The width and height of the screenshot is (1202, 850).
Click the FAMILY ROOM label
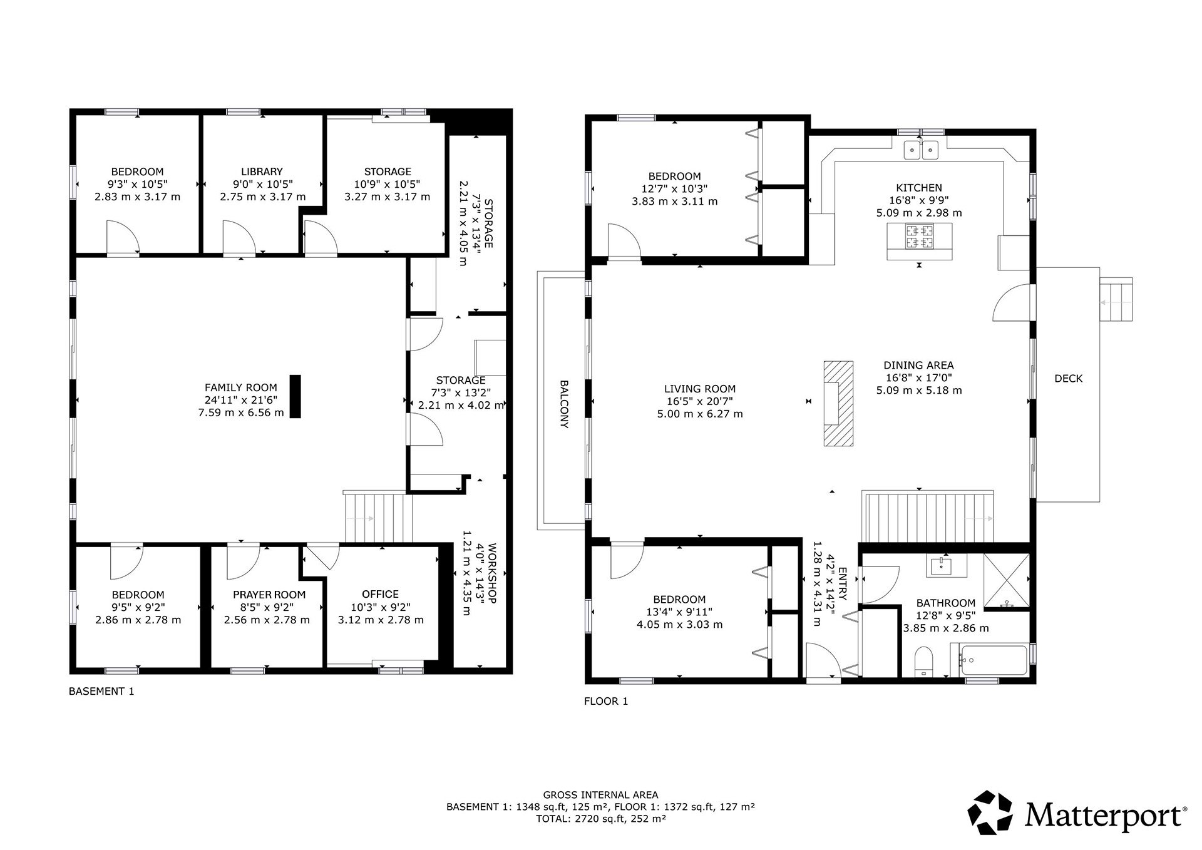(x=241, y=388)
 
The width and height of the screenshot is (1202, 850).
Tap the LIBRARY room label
(x=262, y=172)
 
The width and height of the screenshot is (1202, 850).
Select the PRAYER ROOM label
(x=269, y=595)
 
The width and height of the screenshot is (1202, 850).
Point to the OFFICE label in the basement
(x=380, y=594)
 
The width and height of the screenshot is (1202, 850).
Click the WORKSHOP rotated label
(x=491, y=573)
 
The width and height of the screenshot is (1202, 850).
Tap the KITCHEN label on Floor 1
(x=919, y=188)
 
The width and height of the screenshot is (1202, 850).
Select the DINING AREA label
(x=919, y=366)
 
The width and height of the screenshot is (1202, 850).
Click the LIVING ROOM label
(x=700, y=389)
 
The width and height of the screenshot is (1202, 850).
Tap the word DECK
(x=1069, y=379)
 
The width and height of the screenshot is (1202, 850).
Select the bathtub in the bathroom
(x=989, y=660)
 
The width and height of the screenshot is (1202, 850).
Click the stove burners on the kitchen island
(x=919, y=235)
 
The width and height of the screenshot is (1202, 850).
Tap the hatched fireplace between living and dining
(x=838, y=403)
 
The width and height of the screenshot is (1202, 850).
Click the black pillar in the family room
(x=295, y=396)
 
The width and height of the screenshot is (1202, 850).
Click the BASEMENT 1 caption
(x=101, y=692)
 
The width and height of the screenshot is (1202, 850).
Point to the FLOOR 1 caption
(x=606, y=702)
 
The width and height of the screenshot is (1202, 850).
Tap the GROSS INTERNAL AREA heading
(x=600, y=796)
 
